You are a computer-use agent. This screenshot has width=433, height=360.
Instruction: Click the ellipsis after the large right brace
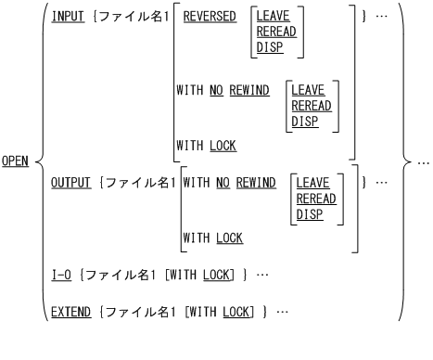click(x=423, y=162)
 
